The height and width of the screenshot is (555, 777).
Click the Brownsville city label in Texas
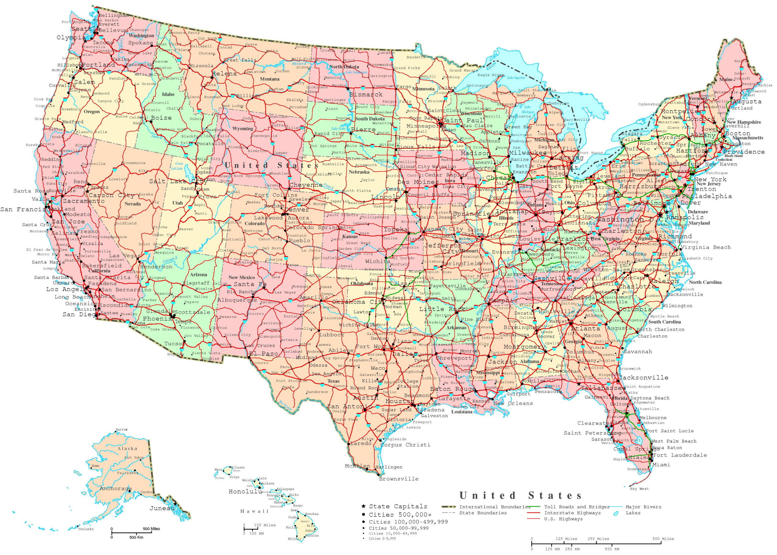click(398, 479)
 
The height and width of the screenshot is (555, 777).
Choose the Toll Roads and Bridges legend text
click(576, 507)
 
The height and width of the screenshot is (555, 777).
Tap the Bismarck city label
click(365, 94)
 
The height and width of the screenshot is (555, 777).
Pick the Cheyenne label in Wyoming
click(306, 185)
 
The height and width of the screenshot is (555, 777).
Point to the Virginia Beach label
click(706, 247)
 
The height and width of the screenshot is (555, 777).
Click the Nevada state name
click(133, 204)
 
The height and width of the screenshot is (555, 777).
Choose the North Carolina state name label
click(705, 282)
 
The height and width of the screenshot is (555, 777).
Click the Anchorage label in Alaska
click(115, 489)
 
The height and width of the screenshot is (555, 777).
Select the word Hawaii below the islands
click(254, 511)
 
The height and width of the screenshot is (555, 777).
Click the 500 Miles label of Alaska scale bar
click(151, 529)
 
